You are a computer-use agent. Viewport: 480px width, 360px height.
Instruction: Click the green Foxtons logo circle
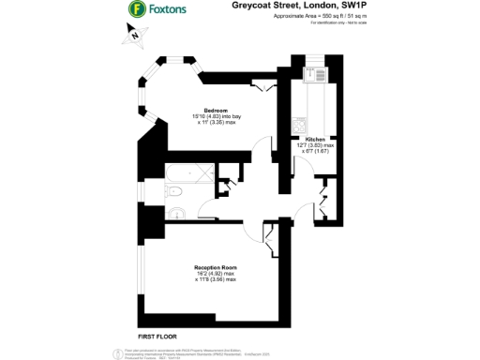point(136,10)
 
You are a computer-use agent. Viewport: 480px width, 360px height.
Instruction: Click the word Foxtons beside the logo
point(169,10)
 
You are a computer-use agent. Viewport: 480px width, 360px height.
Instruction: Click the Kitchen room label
point(314,138)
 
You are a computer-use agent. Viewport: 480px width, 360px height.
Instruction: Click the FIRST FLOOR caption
point(157,335)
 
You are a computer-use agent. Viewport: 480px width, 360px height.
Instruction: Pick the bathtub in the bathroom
point(187,172)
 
